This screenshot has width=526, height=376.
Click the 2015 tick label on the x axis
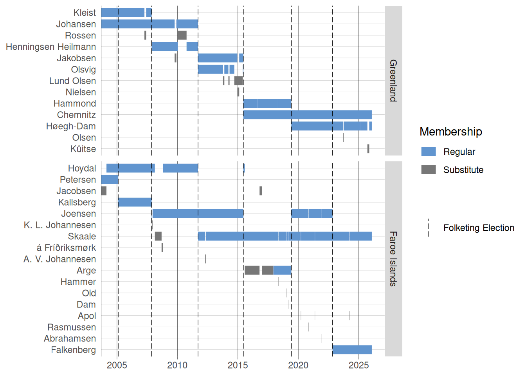(x=238, y=365)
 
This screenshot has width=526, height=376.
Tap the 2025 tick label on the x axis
(x=358, y=365)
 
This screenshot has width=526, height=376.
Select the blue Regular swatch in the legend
(x=429, y=152)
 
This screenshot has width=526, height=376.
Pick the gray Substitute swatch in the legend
(x=429, y=170)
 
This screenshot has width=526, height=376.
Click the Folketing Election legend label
(x=479, y=228)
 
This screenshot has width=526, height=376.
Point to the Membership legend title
(x=450, y=132)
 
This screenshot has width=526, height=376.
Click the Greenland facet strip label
(x=393, y=81)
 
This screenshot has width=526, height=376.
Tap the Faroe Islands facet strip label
(x=393, y=259)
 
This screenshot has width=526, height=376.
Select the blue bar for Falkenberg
(x=352, y=350)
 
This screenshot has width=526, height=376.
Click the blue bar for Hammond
(x=267, y=103)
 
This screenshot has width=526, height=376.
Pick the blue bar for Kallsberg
(x=135, y=202)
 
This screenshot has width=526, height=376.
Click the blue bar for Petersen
(x=110, y=179)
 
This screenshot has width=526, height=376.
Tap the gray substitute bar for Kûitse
(x=368, y=149)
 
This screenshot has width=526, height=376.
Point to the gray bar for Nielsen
(x=238, y=92)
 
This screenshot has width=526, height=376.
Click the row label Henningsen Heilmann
(x=51, y=47)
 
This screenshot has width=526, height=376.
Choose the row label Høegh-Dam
(x=71, y=126)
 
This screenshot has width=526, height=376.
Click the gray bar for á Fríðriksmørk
(x=162, y=248)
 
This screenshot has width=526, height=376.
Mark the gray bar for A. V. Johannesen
(x=205, y=259)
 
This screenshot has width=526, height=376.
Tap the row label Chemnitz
(x=76, y=115)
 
